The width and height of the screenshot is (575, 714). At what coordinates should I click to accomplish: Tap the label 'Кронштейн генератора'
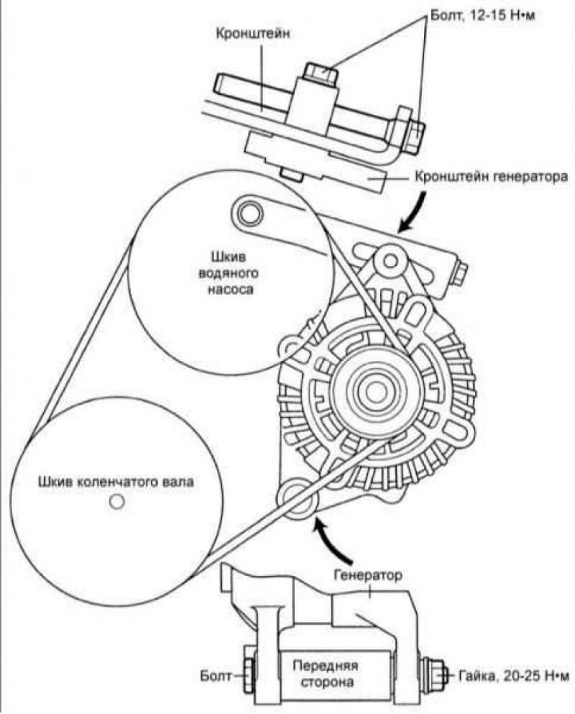point(491,177)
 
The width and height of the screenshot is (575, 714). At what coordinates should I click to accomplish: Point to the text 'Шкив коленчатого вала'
point(116,482)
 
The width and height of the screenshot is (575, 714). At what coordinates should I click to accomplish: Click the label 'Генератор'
point(368,575)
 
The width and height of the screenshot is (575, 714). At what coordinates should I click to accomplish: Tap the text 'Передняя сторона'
point(325,674)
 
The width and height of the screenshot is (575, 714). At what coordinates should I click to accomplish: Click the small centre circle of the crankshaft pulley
point(116,502)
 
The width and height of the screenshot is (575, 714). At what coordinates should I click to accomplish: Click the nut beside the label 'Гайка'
point(431,676)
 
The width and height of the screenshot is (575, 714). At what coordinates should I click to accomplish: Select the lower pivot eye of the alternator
point(297,498)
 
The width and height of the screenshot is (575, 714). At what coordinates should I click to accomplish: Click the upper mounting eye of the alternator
point(390,260)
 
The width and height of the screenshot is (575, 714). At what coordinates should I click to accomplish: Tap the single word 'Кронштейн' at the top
point(252,34)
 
